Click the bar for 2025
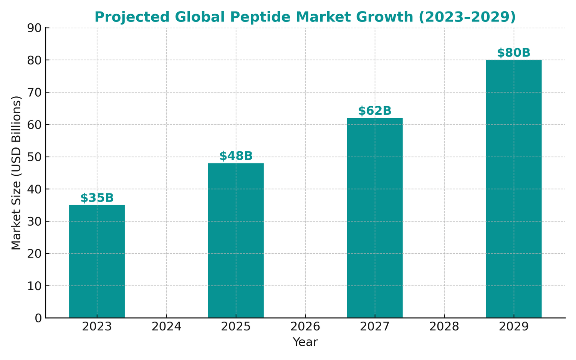[x=236, y=240]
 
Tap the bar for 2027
[x=375, y=218]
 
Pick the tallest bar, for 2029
[x=513, y=188]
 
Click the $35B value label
[x=97, y=198]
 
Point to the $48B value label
[x=236, y=156]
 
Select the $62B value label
[x=375, y=111]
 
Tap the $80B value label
[x=513, y=53]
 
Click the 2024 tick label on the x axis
[x=166, y=327]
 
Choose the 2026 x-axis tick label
[x=305, y=327]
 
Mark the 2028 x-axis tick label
[x=444, y=327]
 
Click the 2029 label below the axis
[x=513, y=327]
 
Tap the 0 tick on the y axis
[x=38, y=318]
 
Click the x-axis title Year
[x=305, y=342]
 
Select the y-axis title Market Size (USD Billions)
[x=16, y=173]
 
